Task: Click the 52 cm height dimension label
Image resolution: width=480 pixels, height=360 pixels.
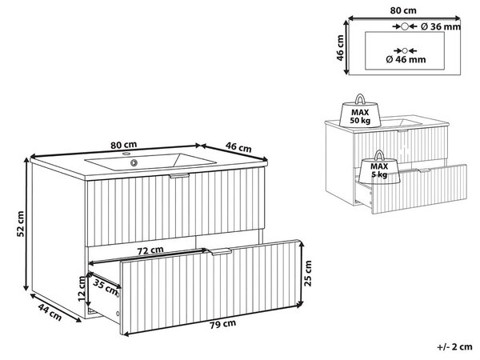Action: (x=20, y=224)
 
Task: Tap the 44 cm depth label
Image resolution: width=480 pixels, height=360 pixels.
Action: (x=50, y=312)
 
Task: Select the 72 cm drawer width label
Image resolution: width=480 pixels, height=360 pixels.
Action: (x=150, y=250)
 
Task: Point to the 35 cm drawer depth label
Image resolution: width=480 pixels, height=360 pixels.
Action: (x=106, y=287)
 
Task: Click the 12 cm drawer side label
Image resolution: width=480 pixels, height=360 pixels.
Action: (x=82, y=289)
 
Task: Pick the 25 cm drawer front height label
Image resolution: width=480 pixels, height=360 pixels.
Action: (x=308, y=274)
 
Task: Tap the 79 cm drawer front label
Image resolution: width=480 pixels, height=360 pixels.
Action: (x=223, y=324)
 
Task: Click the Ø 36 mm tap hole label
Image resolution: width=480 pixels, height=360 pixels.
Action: (x=441, y=27)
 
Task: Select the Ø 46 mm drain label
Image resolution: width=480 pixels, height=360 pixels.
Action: (x=406, y=59)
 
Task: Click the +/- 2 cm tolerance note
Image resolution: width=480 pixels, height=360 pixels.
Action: (x=455, y=347)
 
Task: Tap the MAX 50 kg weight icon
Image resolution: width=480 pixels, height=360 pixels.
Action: (x=360, y=111)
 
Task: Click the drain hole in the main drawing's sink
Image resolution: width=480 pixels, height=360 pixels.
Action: (x=134, y=162)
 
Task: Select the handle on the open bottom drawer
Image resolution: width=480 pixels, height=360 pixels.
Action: (x=220, y=252)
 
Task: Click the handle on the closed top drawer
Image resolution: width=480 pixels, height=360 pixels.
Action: (x=179, y=176)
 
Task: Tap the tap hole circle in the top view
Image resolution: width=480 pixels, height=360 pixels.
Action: (x=405, y=26)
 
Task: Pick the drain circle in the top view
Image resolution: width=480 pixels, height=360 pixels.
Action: (x=405, y=50)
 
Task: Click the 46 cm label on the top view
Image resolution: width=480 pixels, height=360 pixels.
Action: (x=340, y=48)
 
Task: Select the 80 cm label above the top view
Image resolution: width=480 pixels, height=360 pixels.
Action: (x=403, y=10)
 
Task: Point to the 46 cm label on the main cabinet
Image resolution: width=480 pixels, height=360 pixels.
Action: (x=238, y=147)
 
